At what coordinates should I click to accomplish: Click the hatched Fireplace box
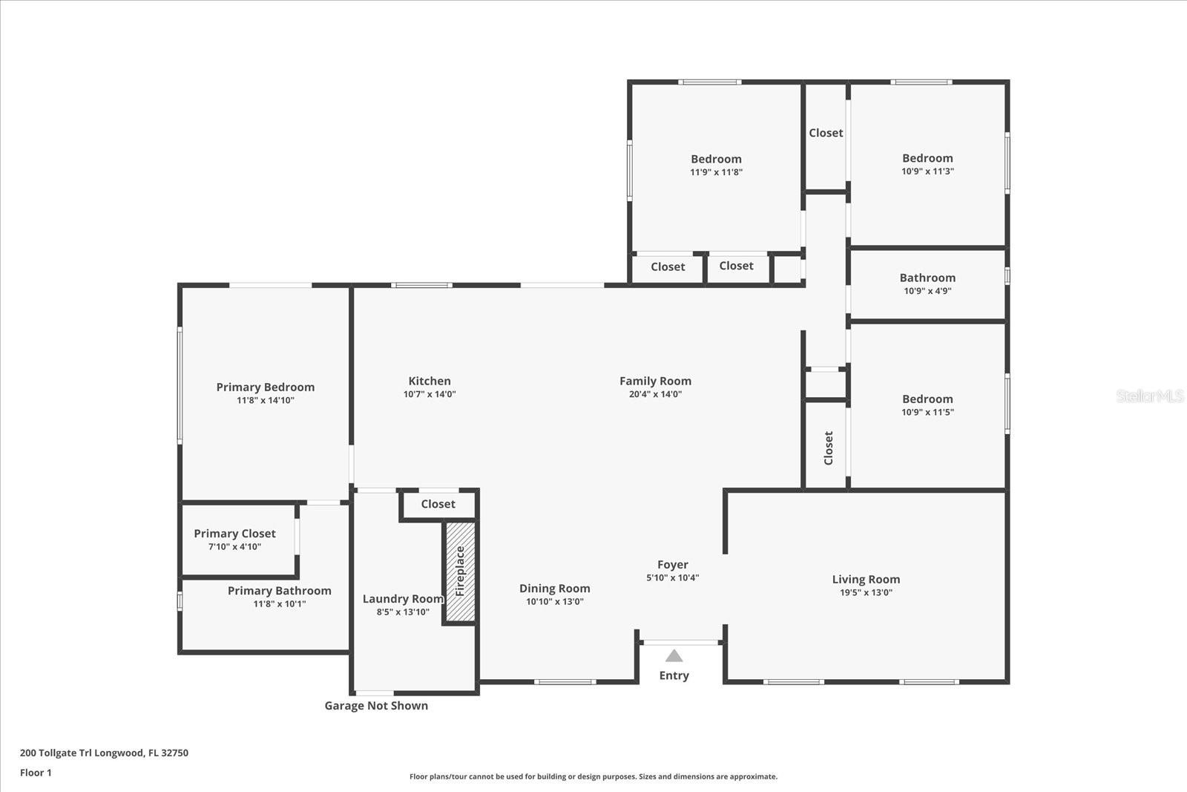(x=460, y=572)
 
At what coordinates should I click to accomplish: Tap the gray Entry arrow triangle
(x=674, y=655)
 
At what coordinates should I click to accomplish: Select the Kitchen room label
(x=430, y=381)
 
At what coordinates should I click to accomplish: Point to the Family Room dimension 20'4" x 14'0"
(x=655, y=394)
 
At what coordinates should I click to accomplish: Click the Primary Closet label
(x=234, y=533)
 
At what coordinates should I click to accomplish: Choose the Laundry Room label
(x=403, y=598)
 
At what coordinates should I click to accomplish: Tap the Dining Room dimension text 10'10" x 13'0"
(x=554, y=601)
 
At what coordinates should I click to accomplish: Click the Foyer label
(x=672, y=565)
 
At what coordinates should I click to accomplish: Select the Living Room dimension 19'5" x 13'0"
(x=866, y=592)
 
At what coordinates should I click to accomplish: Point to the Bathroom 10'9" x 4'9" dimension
(x=927, y=290)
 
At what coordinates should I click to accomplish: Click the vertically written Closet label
(x=828, y=448)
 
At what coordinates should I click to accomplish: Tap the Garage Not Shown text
(x=376, y=706)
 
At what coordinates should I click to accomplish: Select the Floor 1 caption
(x=36, y=773)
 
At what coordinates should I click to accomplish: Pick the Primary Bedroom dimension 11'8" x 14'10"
(x=265, y=400)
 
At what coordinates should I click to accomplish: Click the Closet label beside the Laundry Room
(x=438, y=503)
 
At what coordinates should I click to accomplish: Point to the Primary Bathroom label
(x=279, y=591)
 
